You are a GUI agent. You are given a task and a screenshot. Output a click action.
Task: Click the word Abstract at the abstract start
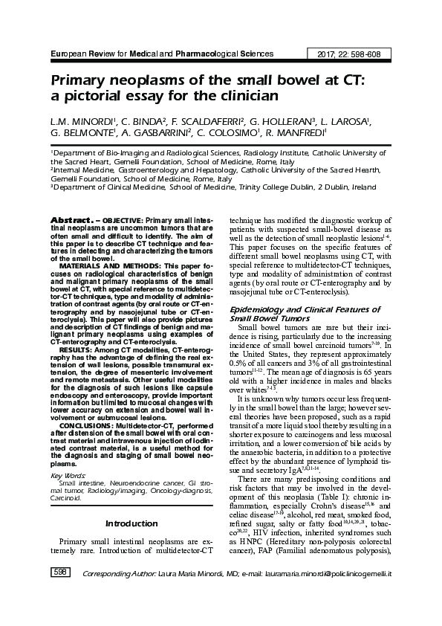[x=70, y=222]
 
